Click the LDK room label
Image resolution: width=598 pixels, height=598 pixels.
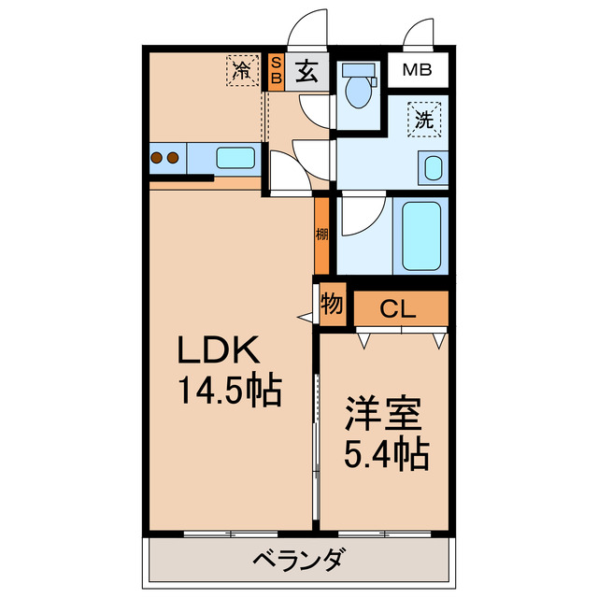pyautogui.click(x=219, y=349)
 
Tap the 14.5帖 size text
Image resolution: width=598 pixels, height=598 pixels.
pyautogui.click(x=231, y=391)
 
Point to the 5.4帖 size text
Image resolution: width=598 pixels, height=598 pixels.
pyautogui.click(x=387, y=454)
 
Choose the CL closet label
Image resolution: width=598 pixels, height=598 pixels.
pyautogui.click(x=397, y=309)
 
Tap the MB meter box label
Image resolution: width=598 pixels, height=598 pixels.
pyautogui.click(x=417, y=70)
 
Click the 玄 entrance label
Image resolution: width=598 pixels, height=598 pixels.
pyautogui.click(x=307, y=72)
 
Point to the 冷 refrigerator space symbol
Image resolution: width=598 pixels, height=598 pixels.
pyautogui.click(x=243, y=71)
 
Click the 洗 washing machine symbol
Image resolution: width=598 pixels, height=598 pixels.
pyautogui.click(x=424, y=120)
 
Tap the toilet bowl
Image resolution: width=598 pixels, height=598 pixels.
pyautogui.click(x=358, y=92)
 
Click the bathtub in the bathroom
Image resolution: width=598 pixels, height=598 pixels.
pyautogui.click(x=421, y=236)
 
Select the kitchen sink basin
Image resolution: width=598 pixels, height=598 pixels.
pyautogui.click(x=235, y=158)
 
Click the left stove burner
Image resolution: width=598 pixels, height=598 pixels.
pyautogui.click(x=156, y=158)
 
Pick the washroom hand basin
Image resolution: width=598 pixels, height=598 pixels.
pyautogui.click(x=434, y=168)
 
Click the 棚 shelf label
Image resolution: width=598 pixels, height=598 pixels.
pyautogui.click(x=321, y=235)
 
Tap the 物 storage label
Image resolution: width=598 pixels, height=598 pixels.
pyautogui.click(x=332, y=304)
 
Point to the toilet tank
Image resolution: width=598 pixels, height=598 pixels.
pyautogui.click(x=358, y=71)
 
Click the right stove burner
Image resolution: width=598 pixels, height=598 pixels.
pyautogui.click(x=173, y=158)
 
